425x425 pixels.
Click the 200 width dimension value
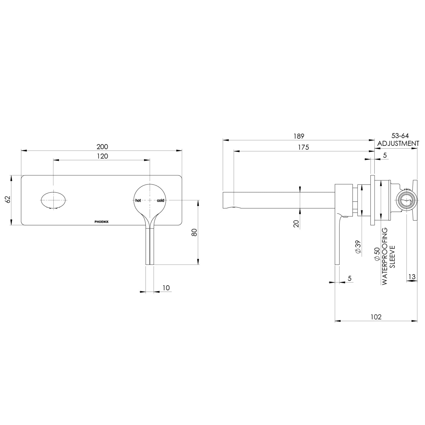102,147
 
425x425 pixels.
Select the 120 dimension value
102,156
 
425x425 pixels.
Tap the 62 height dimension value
8,199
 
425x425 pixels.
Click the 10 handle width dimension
166,288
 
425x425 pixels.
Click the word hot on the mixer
138,201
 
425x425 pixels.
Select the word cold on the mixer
160,201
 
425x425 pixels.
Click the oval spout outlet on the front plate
54,200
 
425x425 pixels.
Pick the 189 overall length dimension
299,136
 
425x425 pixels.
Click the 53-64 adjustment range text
400,136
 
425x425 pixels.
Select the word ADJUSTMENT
398,143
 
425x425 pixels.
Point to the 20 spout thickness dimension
296,224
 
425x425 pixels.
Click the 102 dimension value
376,317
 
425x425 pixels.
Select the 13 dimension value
411,277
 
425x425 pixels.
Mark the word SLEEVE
392,257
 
